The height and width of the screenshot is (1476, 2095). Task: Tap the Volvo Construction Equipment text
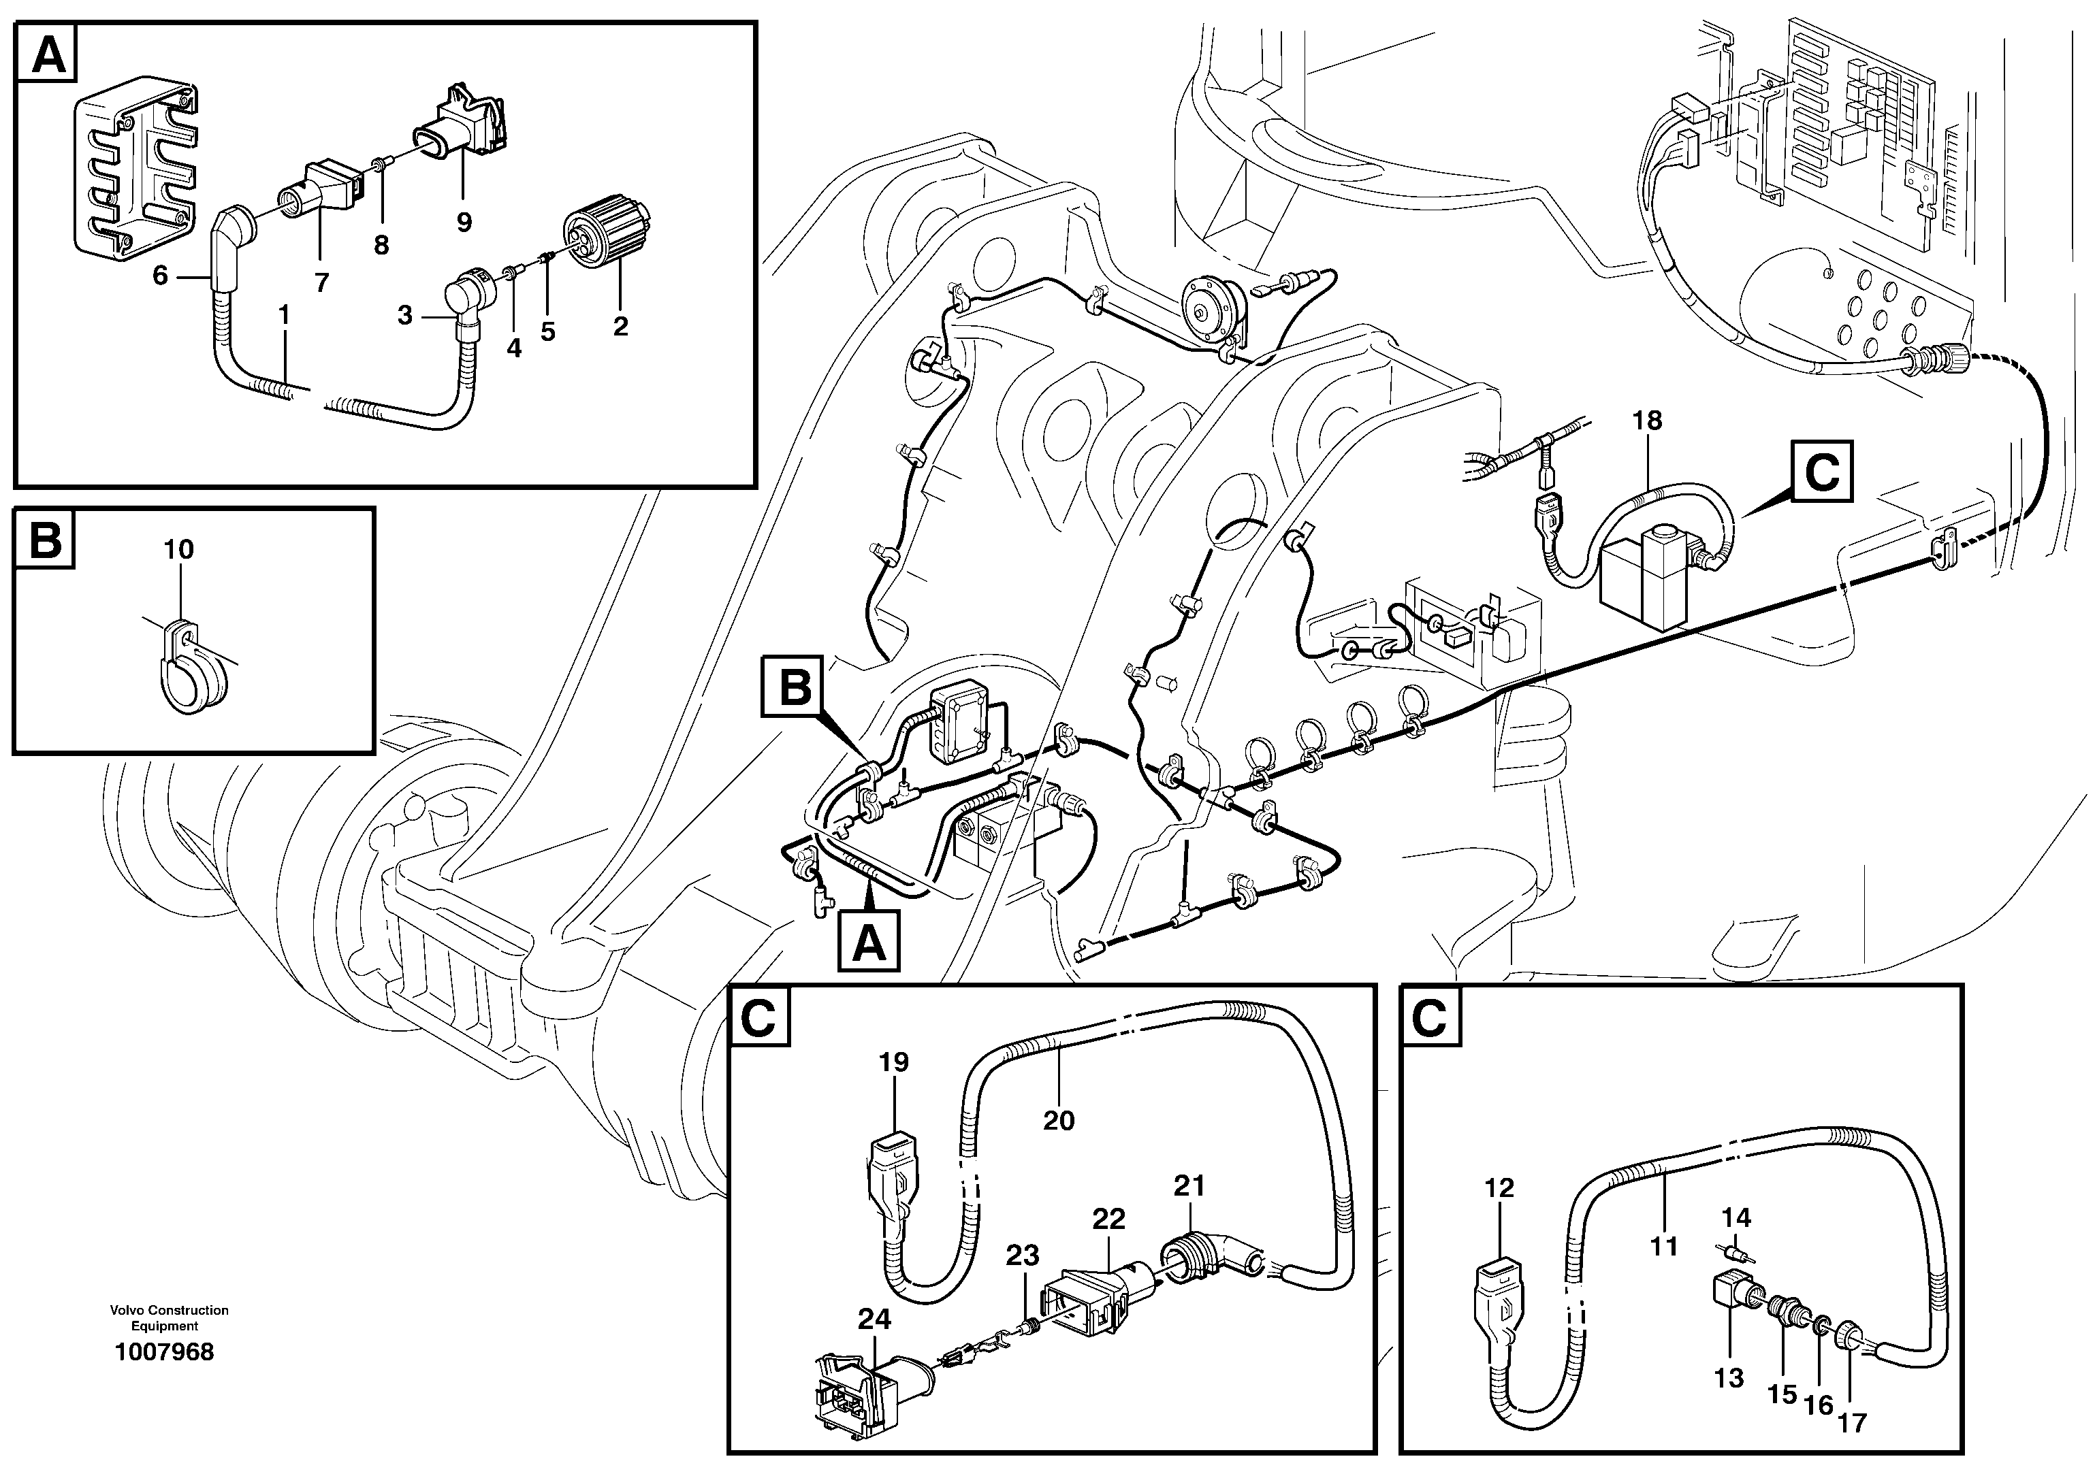point(169,1318)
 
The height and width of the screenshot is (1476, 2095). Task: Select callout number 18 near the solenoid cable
point(1647,421)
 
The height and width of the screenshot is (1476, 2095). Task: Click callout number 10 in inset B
point(179,549)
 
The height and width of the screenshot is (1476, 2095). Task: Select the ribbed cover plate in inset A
point(135,166)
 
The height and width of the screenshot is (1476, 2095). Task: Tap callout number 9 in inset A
point(464,222)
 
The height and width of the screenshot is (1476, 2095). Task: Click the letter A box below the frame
point(869,943)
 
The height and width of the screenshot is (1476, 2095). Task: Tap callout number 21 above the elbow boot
point(1189,1186)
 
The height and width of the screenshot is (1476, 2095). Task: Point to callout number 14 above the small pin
point(1736,1217)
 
